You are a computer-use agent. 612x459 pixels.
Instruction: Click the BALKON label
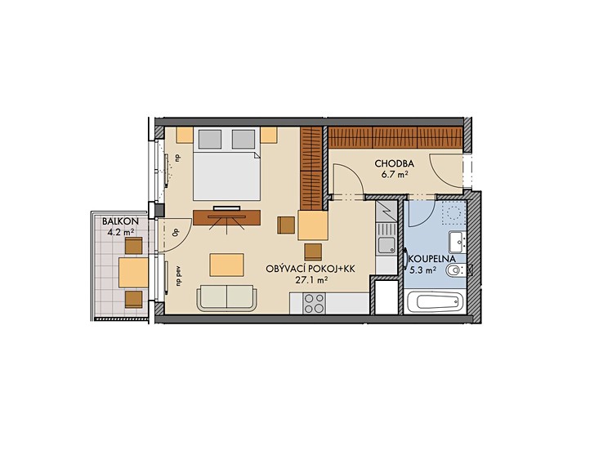tap(120, 221)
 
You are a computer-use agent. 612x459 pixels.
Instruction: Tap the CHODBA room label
tap(394, 164)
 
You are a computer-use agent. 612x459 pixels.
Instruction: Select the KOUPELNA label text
tap(432, 259)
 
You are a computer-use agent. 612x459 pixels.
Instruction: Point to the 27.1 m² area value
tap(311, 279)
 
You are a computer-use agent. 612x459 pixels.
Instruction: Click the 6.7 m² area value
tap(395, 174)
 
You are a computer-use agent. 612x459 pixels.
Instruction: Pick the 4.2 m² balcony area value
tap(121, 233)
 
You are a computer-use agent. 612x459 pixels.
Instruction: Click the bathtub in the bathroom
tap(435, 301)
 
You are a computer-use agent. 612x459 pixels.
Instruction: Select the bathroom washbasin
tap(457, 242)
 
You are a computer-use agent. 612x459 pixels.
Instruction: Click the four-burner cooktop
tap(315, 303)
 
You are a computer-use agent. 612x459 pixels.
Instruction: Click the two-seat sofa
tap(227, 298)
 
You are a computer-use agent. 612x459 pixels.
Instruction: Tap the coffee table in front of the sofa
tap(227, 265)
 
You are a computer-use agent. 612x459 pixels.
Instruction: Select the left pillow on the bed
tap(210, 139)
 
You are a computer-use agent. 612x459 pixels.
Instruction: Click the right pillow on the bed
tap(243, 139)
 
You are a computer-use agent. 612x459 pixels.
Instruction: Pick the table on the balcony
tap(133, 272)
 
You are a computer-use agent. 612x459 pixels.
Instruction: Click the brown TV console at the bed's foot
tap(227, 217)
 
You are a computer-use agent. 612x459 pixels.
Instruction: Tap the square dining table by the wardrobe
tap(313, 225)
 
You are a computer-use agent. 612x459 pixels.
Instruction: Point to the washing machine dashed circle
tap(453, 213)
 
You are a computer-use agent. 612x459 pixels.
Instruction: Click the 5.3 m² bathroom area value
tap(422, 270)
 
